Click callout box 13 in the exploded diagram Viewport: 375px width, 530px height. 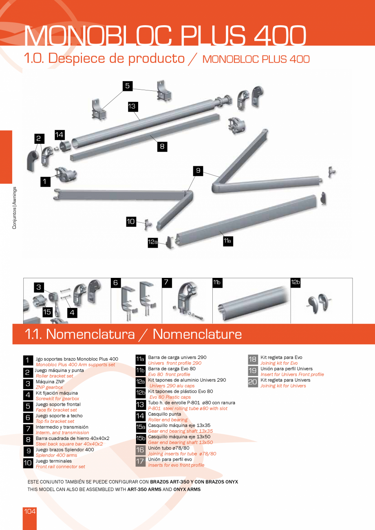click(132, 107)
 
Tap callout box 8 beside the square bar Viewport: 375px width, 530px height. click(162, 147)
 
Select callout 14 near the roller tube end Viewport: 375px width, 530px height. click(60, 134)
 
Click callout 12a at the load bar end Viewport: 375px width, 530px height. click(152, 242)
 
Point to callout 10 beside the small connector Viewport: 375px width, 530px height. click(130, 222)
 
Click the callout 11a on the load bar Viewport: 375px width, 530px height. click(227, 241)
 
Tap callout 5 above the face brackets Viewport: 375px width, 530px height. click(127, 86)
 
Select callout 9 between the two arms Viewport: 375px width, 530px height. click(198, 171)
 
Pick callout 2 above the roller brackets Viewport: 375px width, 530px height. click(39, 139)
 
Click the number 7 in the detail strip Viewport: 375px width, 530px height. click(166, 282)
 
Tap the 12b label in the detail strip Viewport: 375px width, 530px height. click(296, 282)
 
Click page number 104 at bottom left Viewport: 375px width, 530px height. click(30, 511)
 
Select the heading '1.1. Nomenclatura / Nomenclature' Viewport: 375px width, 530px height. click(133, 334)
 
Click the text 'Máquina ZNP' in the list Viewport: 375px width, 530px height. click(50, 382)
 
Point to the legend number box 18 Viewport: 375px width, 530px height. click(253, 360)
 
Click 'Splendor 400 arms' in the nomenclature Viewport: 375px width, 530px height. click(56, 455)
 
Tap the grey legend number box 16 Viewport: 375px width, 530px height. click(140, 450)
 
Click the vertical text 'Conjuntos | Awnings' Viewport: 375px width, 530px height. click(14, 208)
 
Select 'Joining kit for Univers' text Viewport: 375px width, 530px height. click(283, 386)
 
